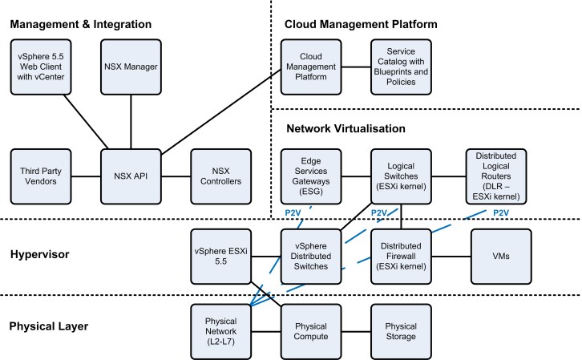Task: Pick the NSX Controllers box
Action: tap(219, 175)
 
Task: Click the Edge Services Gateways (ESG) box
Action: tap(309, 175)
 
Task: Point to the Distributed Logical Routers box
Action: tap(495, 175)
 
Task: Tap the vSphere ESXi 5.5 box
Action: tap(219, 256)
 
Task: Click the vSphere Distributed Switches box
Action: tap(309, 256)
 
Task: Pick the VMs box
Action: tap(501, 256)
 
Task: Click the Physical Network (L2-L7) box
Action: tap(219, 330)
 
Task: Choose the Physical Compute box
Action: tap(309, 330)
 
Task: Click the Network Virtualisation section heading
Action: tap(345, 128)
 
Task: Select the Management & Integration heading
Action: tap(80, 24)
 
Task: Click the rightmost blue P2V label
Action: tap(500, 212)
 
